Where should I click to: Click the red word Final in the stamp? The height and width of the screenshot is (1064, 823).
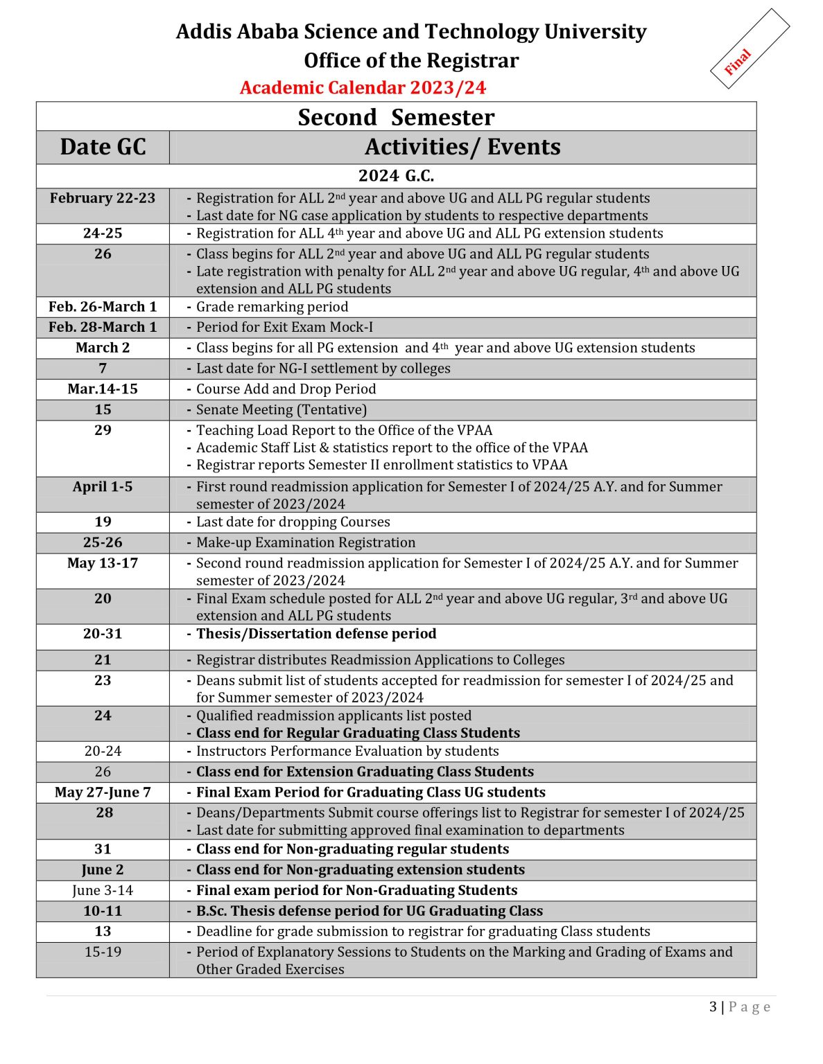[737, 62]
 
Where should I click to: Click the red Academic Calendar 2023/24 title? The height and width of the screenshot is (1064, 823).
[363, 88]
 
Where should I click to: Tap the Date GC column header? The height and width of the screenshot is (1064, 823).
[103, 147]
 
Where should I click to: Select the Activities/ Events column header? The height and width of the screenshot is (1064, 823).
[462, 147]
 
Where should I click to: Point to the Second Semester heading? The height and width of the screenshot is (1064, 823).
[396, 117]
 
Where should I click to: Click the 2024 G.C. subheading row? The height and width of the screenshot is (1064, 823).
[396, 176]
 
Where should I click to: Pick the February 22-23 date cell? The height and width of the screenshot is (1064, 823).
[103, 198]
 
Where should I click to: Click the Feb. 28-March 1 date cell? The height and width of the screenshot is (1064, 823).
[103, 327]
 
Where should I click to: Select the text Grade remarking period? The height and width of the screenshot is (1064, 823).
[272, 307]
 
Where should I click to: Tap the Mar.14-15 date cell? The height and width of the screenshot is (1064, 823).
[103, 389]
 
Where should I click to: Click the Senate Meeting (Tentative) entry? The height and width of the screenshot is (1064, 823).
[281, 410]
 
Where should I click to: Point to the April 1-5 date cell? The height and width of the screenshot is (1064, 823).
[103, 487]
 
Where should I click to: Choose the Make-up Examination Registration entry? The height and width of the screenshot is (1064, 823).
[305, 542]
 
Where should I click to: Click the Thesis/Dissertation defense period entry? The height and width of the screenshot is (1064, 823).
[315, 634]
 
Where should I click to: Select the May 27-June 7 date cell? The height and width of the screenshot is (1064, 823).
[103, 792]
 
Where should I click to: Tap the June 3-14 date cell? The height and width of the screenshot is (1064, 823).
[103, 890]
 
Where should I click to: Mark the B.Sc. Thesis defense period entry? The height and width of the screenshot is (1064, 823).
[369, 911]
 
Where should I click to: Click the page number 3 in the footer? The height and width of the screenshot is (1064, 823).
[713, 1007]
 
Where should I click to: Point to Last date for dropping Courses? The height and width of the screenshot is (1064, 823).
[293, 522]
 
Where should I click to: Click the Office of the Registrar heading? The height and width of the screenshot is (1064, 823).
[411, 60]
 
